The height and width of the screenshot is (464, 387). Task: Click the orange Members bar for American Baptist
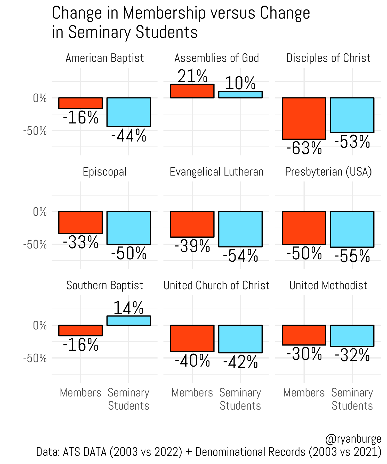[80, 103]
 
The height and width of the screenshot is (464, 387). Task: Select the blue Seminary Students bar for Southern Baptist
[128, 320]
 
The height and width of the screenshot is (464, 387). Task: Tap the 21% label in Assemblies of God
[192, 76]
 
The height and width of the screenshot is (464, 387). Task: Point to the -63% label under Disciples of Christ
[304, 148]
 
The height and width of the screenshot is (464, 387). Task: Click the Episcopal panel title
[104, 172]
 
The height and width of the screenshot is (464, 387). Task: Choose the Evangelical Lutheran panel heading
[216, 172]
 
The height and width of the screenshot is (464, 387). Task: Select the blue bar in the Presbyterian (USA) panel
[352, 229]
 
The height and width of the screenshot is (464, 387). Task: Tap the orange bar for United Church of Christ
[192, 338]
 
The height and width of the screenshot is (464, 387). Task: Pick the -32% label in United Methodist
[352, 355]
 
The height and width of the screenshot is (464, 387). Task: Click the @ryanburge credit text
[353, 439]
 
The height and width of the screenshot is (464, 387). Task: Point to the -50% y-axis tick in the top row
[35, 131]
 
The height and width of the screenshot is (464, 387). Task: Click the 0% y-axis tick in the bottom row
[40, 326]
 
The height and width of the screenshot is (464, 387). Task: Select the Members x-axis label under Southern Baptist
[80, 393]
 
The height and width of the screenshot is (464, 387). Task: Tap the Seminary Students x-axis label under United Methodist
[352, 399]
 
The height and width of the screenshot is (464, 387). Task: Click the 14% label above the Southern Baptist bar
[128, 308]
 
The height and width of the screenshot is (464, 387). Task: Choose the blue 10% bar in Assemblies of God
[240, 95]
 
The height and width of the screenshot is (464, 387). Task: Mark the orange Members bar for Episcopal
[80, 222]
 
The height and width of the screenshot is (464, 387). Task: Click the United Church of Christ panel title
[216, 286]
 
